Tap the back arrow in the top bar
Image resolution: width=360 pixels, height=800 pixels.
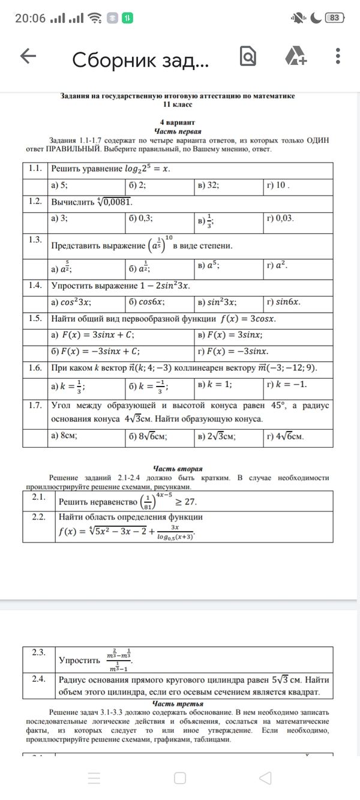tap(28, 57)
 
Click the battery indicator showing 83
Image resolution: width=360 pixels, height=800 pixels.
tap(334, 18)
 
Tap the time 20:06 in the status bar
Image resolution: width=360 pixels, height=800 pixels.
tap(30, 18)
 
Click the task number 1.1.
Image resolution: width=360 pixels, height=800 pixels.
tap(35, 169)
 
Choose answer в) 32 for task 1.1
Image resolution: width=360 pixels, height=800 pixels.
tap(208, 186)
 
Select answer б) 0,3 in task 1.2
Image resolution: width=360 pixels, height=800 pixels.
tap(141, 219)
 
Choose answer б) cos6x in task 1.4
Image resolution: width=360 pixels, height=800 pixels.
tap(147, 302)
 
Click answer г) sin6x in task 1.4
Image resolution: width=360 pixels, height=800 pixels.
tap(284, 302)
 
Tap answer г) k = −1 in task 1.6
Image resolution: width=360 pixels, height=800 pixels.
tap(287, 384)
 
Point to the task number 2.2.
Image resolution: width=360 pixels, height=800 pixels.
tap(38, 516)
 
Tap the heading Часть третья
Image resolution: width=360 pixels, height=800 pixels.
tap(177, 703)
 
